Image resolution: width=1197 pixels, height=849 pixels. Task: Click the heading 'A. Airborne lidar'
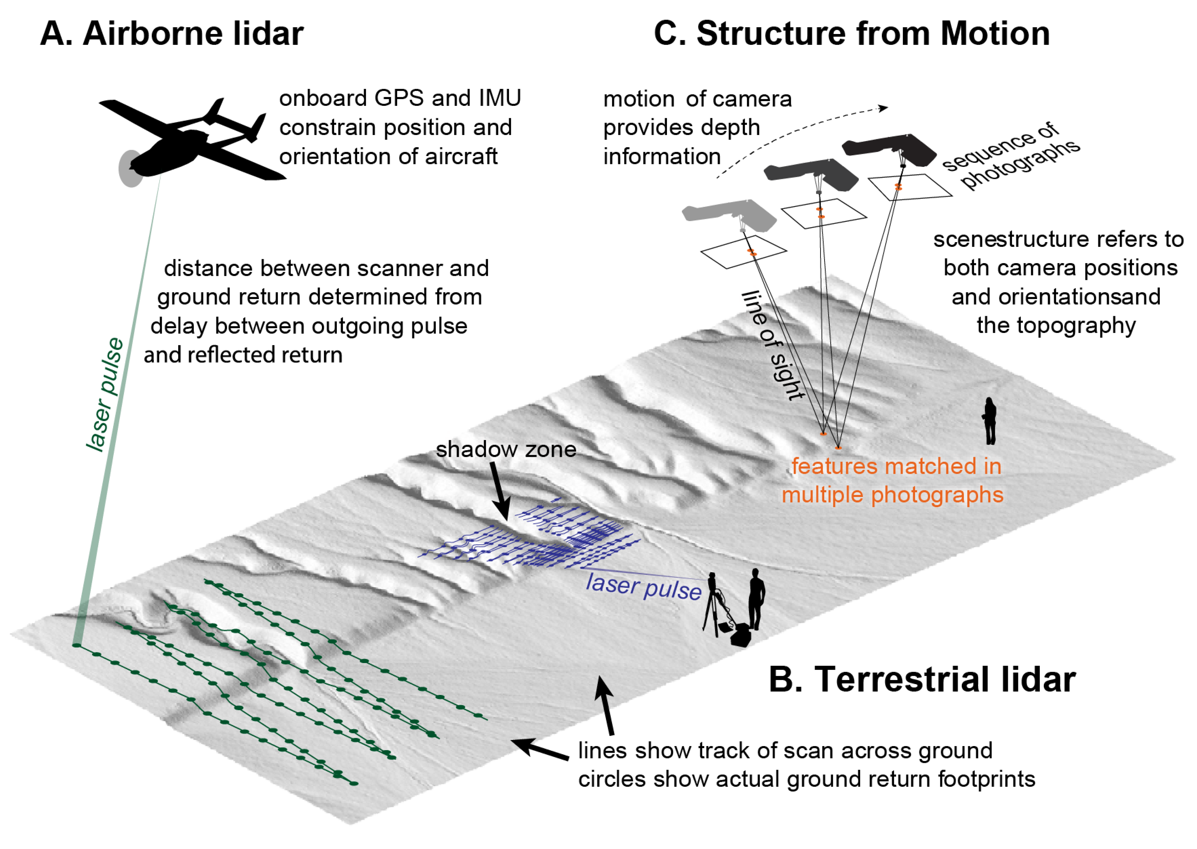pyautogui.click(x=172, y=34)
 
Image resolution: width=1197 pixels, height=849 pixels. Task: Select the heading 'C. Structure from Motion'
pyautogui.click(x=852, y=34)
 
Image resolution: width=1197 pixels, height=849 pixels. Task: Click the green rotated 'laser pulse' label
pyautogui.click(x=105, y=395)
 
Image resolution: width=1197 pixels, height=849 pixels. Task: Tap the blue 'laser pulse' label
pyautogui.click(x=643, y=587)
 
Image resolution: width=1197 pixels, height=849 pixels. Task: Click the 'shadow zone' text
pyautogui.click(x=506, y=450)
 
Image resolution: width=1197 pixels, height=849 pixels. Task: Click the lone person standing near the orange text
pyautogui.click(x=990, y=421)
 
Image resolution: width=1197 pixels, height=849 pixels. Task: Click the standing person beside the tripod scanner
pyautogui.click(x=756, y=599)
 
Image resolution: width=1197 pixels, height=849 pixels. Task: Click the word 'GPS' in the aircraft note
pyautogui.click(x=399, y=98)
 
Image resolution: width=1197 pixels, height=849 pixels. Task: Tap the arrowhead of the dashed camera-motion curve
pyautogui.click(x=883, y=108)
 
